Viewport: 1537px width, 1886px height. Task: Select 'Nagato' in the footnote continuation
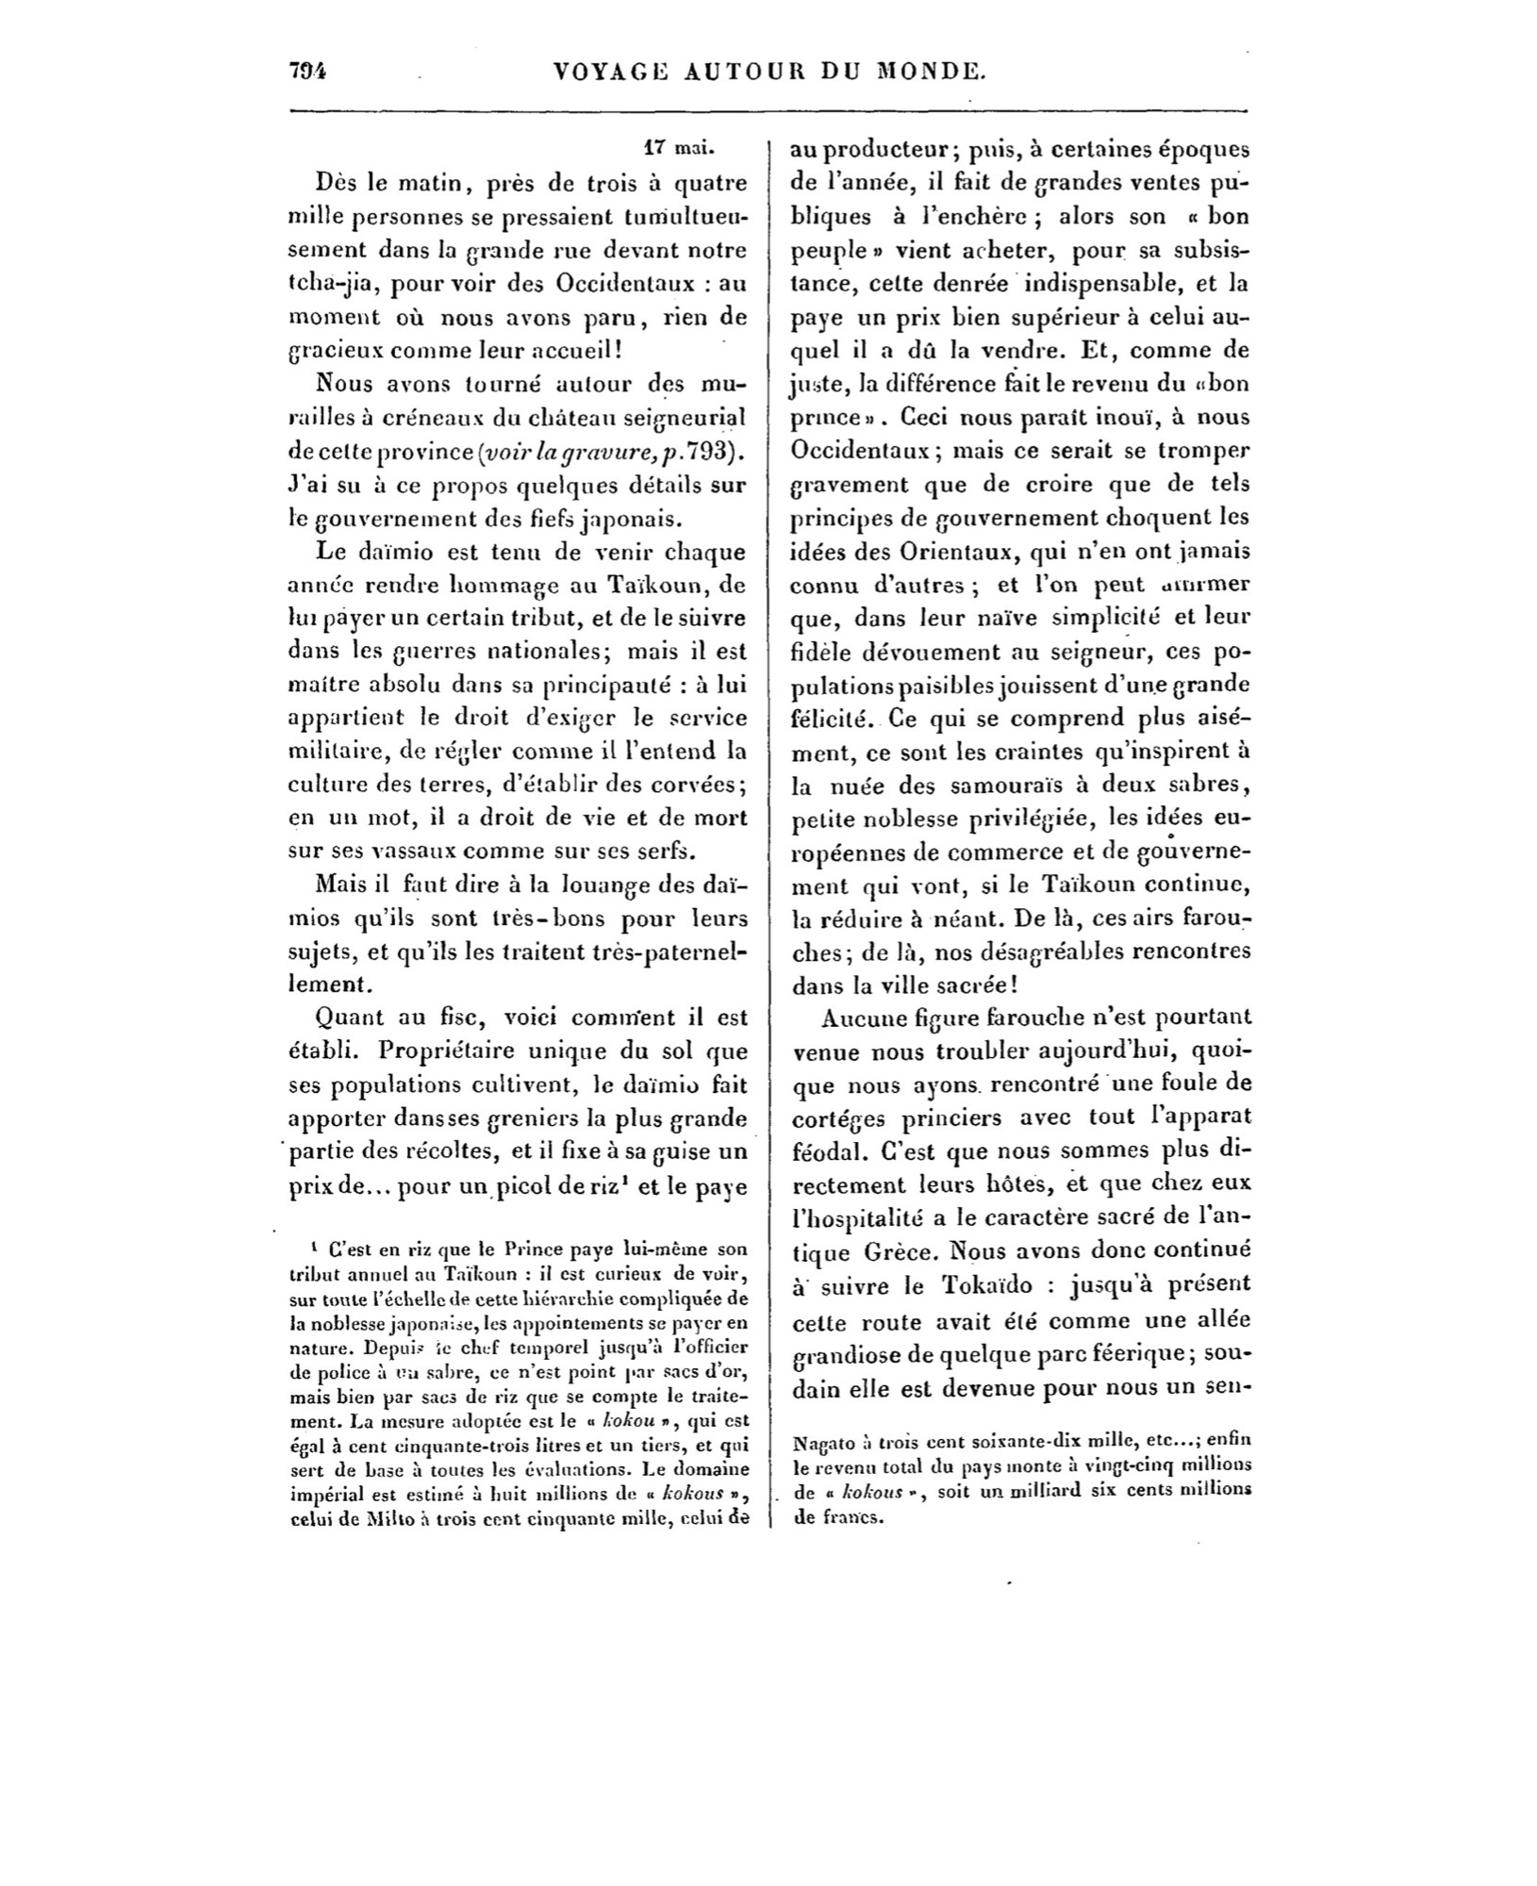[x=822, y=1442]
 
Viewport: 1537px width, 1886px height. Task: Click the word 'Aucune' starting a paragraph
[x=860, y=1018]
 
